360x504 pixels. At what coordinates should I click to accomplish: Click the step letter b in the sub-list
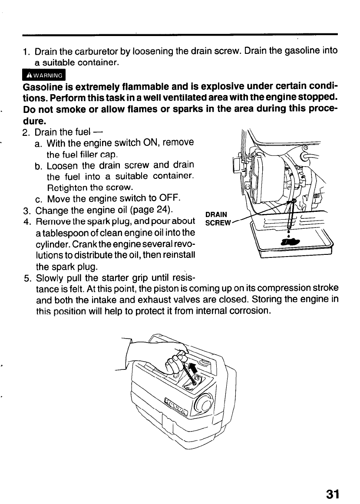click(38, 166)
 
